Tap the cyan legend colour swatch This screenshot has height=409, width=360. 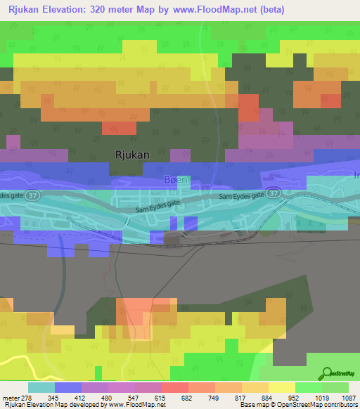41,387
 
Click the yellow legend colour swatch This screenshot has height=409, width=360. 281,387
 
